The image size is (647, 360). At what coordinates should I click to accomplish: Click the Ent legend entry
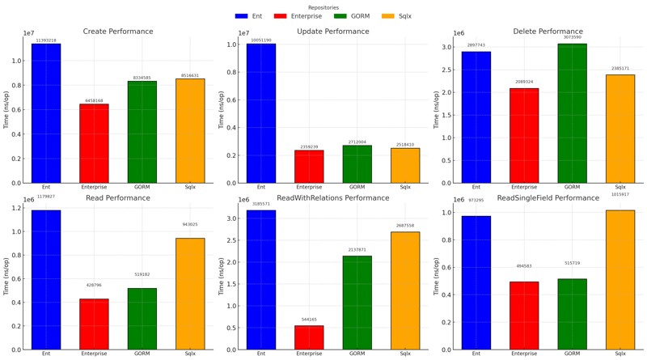tap(250, 16)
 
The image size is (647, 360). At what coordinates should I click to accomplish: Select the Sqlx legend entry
tap(397, 16)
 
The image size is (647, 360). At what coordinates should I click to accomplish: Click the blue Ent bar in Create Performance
tap(46, 113)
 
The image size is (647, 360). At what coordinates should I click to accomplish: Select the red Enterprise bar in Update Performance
tap(309, 167)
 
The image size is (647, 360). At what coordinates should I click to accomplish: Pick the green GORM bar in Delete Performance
tap(572, 113)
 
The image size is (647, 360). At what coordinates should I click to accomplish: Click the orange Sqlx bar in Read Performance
tap(190, 294)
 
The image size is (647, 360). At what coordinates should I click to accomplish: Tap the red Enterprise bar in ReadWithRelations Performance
tap(309, 337)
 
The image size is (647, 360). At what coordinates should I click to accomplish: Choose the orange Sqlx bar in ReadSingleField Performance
tap(620, 280)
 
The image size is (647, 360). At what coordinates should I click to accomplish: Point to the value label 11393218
tap(46, 40)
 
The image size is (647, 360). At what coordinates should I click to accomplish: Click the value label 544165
tap(309, 320)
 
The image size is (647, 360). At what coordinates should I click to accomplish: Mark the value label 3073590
tap(572, 37)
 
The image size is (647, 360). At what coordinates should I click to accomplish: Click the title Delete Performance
tap(548, 32)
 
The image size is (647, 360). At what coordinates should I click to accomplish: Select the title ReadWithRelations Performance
tap(332, 197)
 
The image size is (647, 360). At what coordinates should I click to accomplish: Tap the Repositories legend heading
tap(323, 7)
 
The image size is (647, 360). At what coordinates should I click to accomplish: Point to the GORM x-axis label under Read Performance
tap(142, 354)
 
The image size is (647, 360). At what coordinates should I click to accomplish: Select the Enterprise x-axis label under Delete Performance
tap(524, 187)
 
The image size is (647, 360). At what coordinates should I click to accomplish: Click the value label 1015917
tap(620, 194)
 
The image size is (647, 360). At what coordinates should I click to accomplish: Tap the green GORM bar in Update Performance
tap(357, 164)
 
